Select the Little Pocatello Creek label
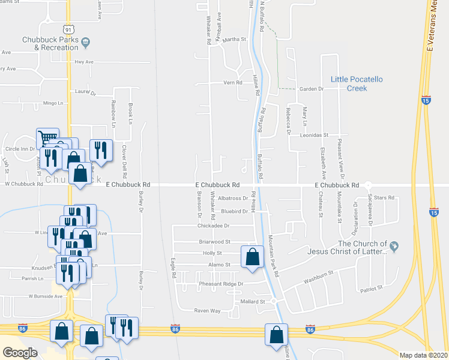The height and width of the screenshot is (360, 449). (x=357, y=83)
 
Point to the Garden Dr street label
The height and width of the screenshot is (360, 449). (x=312, y=89)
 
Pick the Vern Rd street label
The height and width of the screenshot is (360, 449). (x=232, y=83)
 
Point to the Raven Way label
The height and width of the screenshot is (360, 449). (x=207, y=311)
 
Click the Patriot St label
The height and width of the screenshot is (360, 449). (x=372, y=289)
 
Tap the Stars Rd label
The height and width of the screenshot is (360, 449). (x=385, y=197)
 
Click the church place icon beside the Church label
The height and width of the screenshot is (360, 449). (x=394, y=245)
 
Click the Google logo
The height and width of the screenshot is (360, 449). (x=20, y=353)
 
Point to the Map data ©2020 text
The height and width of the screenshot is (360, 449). (x=423, y=355)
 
